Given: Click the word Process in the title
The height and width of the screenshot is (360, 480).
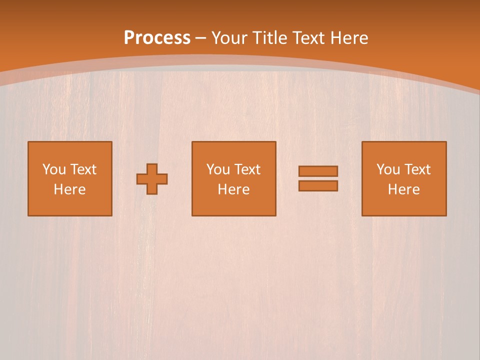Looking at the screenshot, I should coord(157,38).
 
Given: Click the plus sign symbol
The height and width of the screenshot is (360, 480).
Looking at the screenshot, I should coord(152,179).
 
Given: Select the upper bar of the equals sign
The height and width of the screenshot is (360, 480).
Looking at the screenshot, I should coord(318,171).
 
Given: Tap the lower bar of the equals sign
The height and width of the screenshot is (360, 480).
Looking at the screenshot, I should coord(318,186).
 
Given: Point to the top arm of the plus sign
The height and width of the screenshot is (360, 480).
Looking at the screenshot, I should coord(152,168).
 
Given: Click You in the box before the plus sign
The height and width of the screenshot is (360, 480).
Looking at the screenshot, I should coord(53,169).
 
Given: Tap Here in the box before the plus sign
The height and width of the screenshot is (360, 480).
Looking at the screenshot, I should coord(70,189).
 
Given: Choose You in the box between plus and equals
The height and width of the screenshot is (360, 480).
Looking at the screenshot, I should coord(217,169).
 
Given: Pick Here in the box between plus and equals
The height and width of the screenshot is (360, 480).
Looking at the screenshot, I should coord(234,189).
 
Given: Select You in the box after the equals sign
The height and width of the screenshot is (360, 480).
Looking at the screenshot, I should coord(387,169).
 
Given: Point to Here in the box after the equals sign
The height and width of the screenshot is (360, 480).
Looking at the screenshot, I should coord(404,189).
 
